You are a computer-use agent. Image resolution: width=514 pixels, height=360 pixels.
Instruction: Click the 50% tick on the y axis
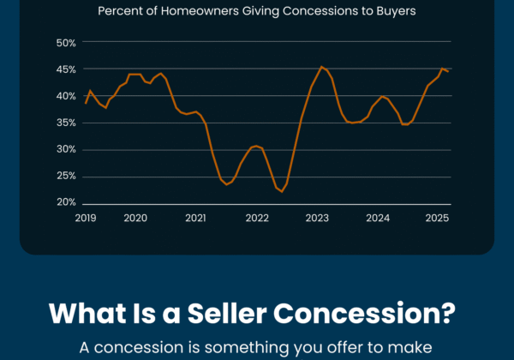pos(66,43)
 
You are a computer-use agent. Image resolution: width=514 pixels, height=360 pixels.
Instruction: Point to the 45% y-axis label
pos(66,69)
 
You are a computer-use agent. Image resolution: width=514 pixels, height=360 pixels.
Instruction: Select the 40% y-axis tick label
pos(66,96)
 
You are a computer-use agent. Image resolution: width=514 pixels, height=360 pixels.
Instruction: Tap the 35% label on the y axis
pos(66,123)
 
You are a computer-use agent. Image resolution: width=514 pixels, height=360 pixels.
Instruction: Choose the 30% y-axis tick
pos(66,149)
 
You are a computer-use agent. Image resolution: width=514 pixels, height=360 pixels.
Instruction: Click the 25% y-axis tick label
pos(66,176)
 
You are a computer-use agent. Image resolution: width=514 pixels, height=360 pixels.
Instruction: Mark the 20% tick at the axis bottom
pos(66,202)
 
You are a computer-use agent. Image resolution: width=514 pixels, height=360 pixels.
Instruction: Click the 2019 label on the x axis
pos(86,219)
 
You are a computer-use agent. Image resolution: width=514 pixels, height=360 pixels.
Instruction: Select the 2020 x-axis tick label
pos(135,219)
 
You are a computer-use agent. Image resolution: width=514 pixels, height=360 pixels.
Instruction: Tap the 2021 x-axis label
pos(196,219)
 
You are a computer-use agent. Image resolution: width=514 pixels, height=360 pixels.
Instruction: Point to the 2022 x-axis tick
pos(257,219)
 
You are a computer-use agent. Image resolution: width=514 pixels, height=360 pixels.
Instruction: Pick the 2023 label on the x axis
pos(318,219)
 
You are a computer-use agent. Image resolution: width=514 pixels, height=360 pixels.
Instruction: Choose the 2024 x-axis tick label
pos(378,219)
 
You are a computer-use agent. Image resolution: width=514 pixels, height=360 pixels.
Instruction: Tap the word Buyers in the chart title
pos(395,11)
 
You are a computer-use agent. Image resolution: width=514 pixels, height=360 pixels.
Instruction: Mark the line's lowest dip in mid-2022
pos(281,191)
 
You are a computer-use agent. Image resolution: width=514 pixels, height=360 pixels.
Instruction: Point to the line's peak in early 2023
pos(321,67)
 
